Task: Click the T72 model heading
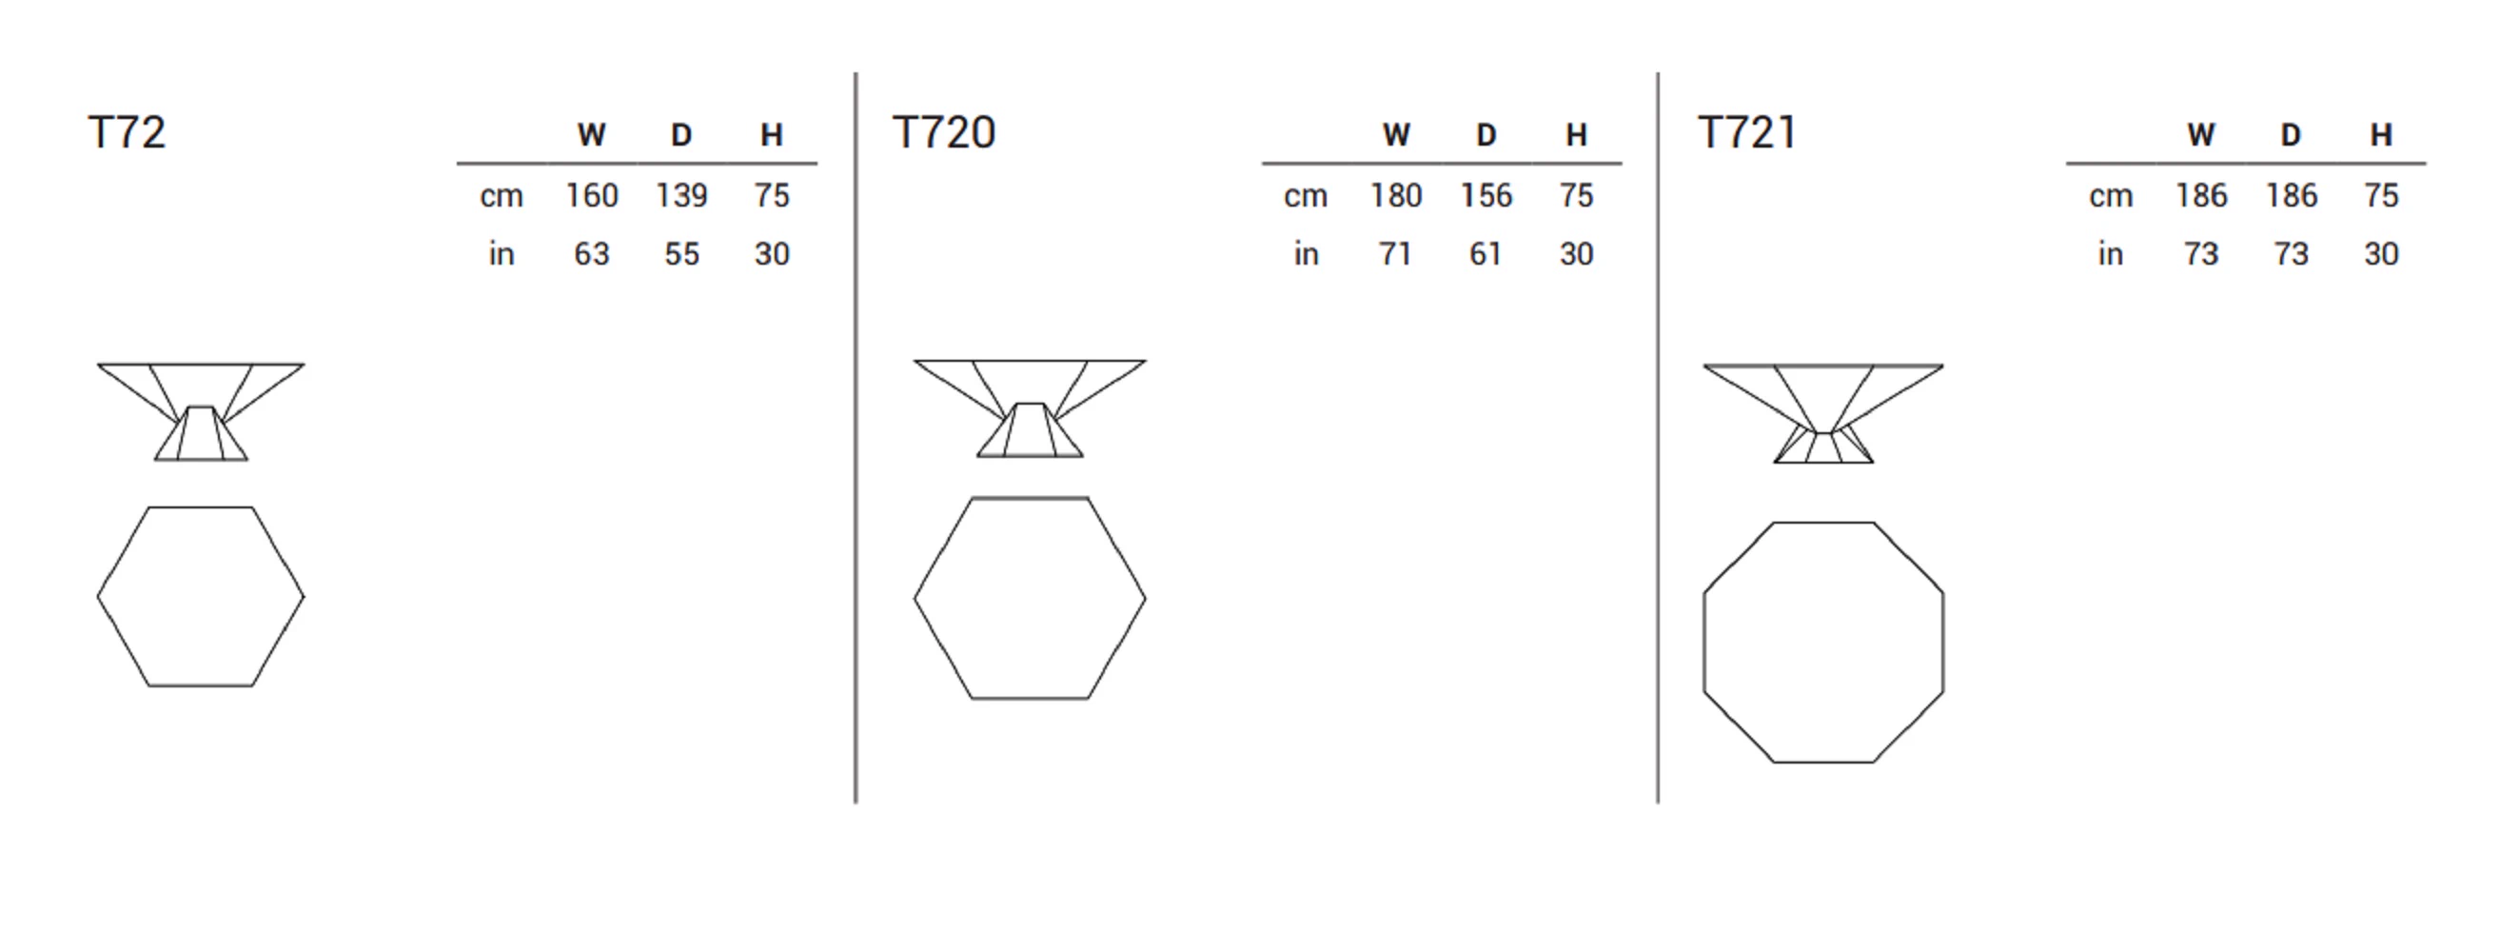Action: (128, 133)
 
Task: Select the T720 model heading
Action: (943, 133)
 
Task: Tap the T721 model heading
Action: (1747, 133)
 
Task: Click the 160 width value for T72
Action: (592, 196)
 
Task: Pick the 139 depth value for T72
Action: (681, 196)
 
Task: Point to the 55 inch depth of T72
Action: (681, 254)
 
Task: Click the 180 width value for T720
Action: (1395, 196)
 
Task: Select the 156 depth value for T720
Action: (1486, 196)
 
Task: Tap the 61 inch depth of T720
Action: (1485, 254)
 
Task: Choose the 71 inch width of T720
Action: (1394, 254)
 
